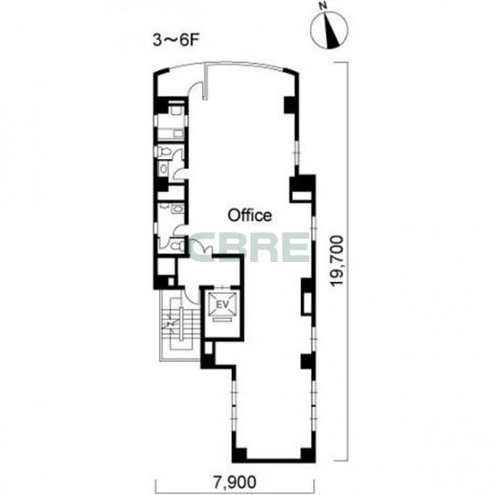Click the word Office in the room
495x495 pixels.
click(249, 216)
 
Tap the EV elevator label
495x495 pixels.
click(222, 305)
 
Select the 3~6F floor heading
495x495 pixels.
click(177, 40)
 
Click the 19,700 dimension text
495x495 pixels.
click(337, 260)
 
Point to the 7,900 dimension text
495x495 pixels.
click(234, 482)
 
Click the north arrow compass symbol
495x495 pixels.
click(329, 30)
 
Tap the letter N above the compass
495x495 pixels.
click(322, 6)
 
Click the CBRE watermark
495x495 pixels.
click(249, 247)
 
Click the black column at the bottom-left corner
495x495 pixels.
click(239, 454)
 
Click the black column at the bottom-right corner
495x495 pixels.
click(308, 454)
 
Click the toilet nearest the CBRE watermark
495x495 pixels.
click(176, 245)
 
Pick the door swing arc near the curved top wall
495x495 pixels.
click(195, 86)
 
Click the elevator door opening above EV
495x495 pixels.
click(223, 288)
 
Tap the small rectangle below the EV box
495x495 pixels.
click(222, 319)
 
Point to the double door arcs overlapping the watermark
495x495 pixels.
click(201, 247)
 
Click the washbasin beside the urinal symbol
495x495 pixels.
click(177, 209)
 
